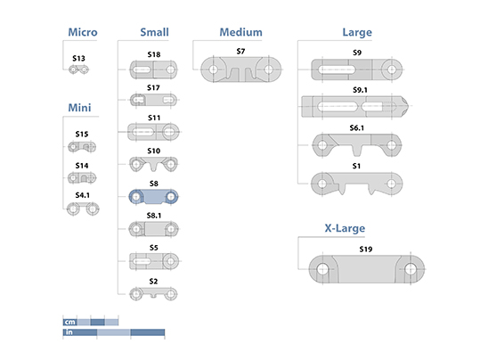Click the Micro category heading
(x=83, y=32)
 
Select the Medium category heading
(x=241, y=32)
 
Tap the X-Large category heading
(x=345, y=228)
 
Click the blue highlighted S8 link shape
(x=153, y=197)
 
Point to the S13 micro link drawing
(x=78, y=70)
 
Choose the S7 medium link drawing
(x=241, y=70)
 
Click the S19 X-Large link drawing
(x=366, y=269)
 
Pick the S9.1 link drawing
(x=355, y=107)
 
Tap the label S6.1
(x=357, y=128)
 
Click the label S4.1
(x=82, y=195)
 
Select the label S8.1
(x=154, y=216)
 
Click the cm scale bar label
(x=69, y=322)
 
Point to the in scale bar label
(x=69, y=332)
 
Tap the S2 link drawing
(x=153, y=294)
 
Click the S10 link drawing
(x=153, y=164)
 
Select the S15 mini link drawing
(x=82, y=147)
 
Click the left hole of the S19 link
(x=322, y=269)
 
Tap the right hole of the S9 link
(x=392, y=70)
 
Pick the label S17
(x=153, y=88)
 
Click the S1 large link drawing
(x=356, y=184)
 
